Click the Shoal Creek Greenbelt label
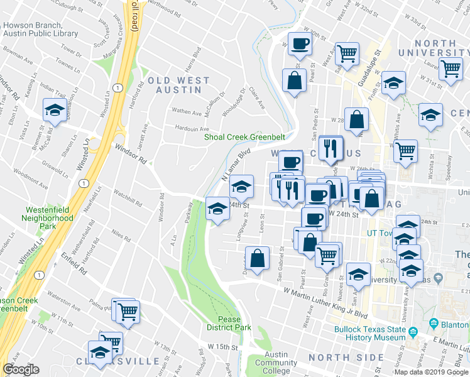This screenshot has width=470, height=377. (244, 138)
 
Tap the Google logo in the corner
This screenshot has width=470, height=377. (21, 369)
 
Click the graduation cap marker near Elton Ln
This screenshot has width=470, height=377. (55, 111)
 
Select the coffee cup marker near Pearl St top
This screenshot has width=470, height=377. (299, 43)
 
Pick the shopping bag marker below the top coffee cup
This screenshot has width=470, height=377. (293, 80)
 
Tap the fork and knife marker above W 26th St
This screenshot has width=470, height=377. (330, 148)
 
